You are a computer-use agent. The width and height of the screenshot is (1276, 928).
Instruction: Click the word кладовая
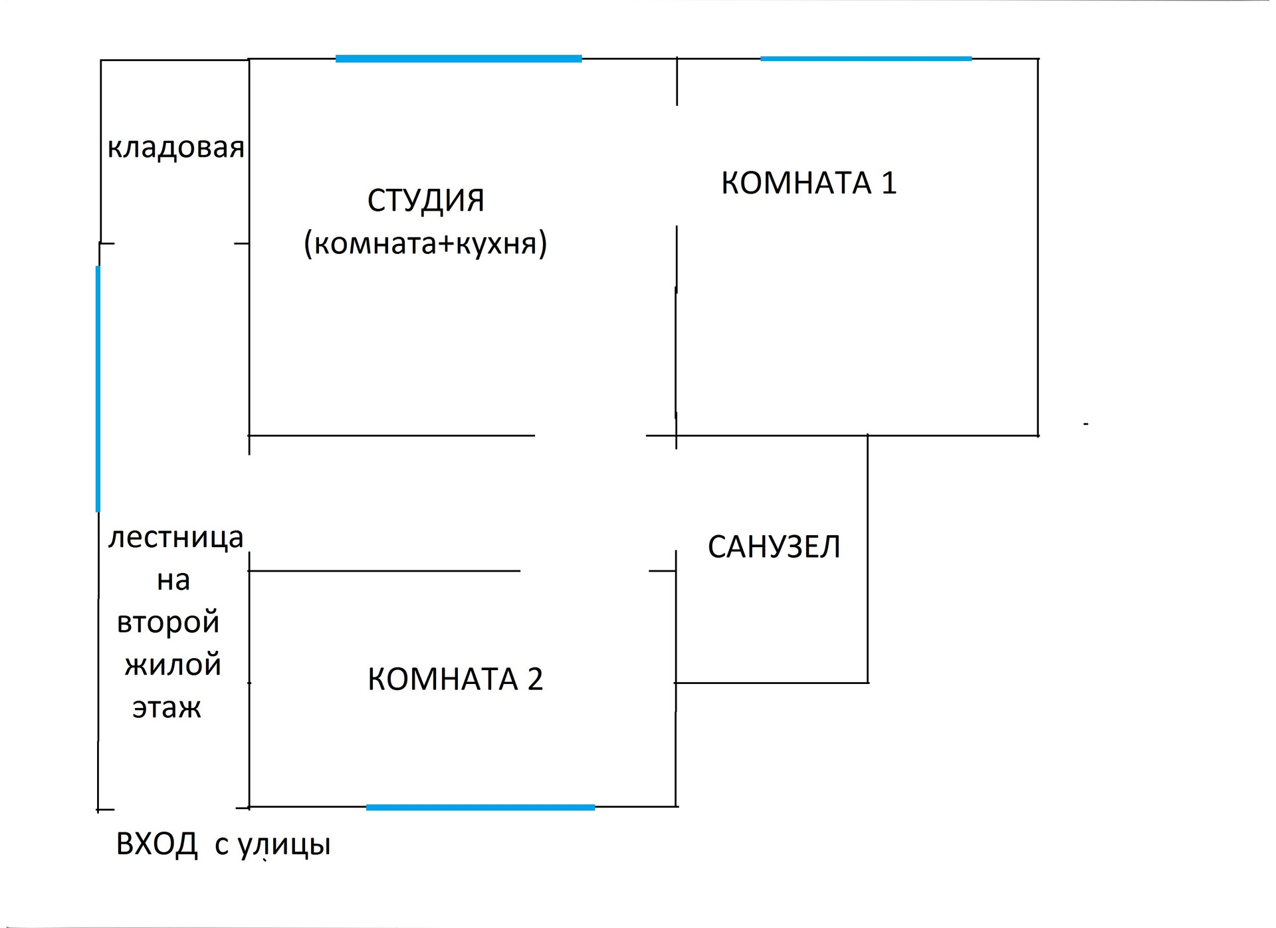tap(175, 148)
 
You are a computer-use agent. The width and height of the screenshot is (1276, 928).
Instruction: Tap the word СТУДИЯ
tap(426, 200)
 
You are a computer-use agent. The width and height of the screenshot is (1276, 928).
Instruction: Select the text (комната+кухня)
tap(425, 243)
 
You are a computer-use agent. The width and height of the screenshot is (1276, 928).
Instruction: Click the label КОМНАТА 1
tap(809, 183)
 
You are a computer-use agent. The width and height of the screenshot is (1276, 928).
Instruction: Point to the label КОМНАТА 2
tap(455, 679)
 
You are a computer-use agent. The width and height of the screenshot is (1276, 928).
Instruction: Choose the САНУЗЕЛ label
tap(774, 547)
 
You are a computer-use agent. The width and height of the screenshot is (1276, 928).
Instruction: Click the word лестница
tap(175, 537)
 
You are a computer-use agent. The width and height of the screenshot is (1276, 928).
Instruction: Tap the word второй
tap(168, 622)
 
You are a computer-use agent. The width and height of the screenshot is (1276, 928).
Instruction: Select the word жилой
tap(173, 665)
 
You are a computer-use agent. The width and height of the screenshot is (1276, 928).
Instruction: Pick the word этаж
tap(166, 707)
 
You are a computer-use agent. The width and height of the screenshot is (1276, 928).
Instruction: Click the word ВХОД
tap(157, 844)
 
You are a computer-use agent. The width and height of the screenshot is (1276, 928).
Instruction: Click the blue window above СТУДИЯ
tap(459, 59)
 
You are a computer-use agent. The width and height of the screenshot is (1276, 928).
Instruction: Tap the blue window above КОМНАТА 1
tap(866, 59)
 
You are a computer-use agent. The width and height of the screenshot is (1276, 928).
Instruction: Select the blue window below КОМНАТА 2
tap(480, 808)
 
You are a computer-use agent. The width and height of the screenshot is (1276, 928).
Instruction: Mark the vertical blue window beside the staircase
tap(98, 389)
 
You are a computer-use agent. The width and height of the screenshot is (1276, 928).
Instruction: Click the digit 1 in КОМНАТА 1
tap(889, 183)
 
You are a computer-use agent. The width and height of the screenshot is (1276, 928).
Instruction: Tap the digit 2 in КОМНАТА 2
tap(535, 679)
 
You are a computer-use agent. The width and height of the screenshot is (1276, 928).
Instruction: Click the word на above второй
tap(173, 580)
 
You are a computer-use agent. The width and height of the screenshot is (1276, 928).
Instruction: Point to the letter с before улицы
tap(221, 846)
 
